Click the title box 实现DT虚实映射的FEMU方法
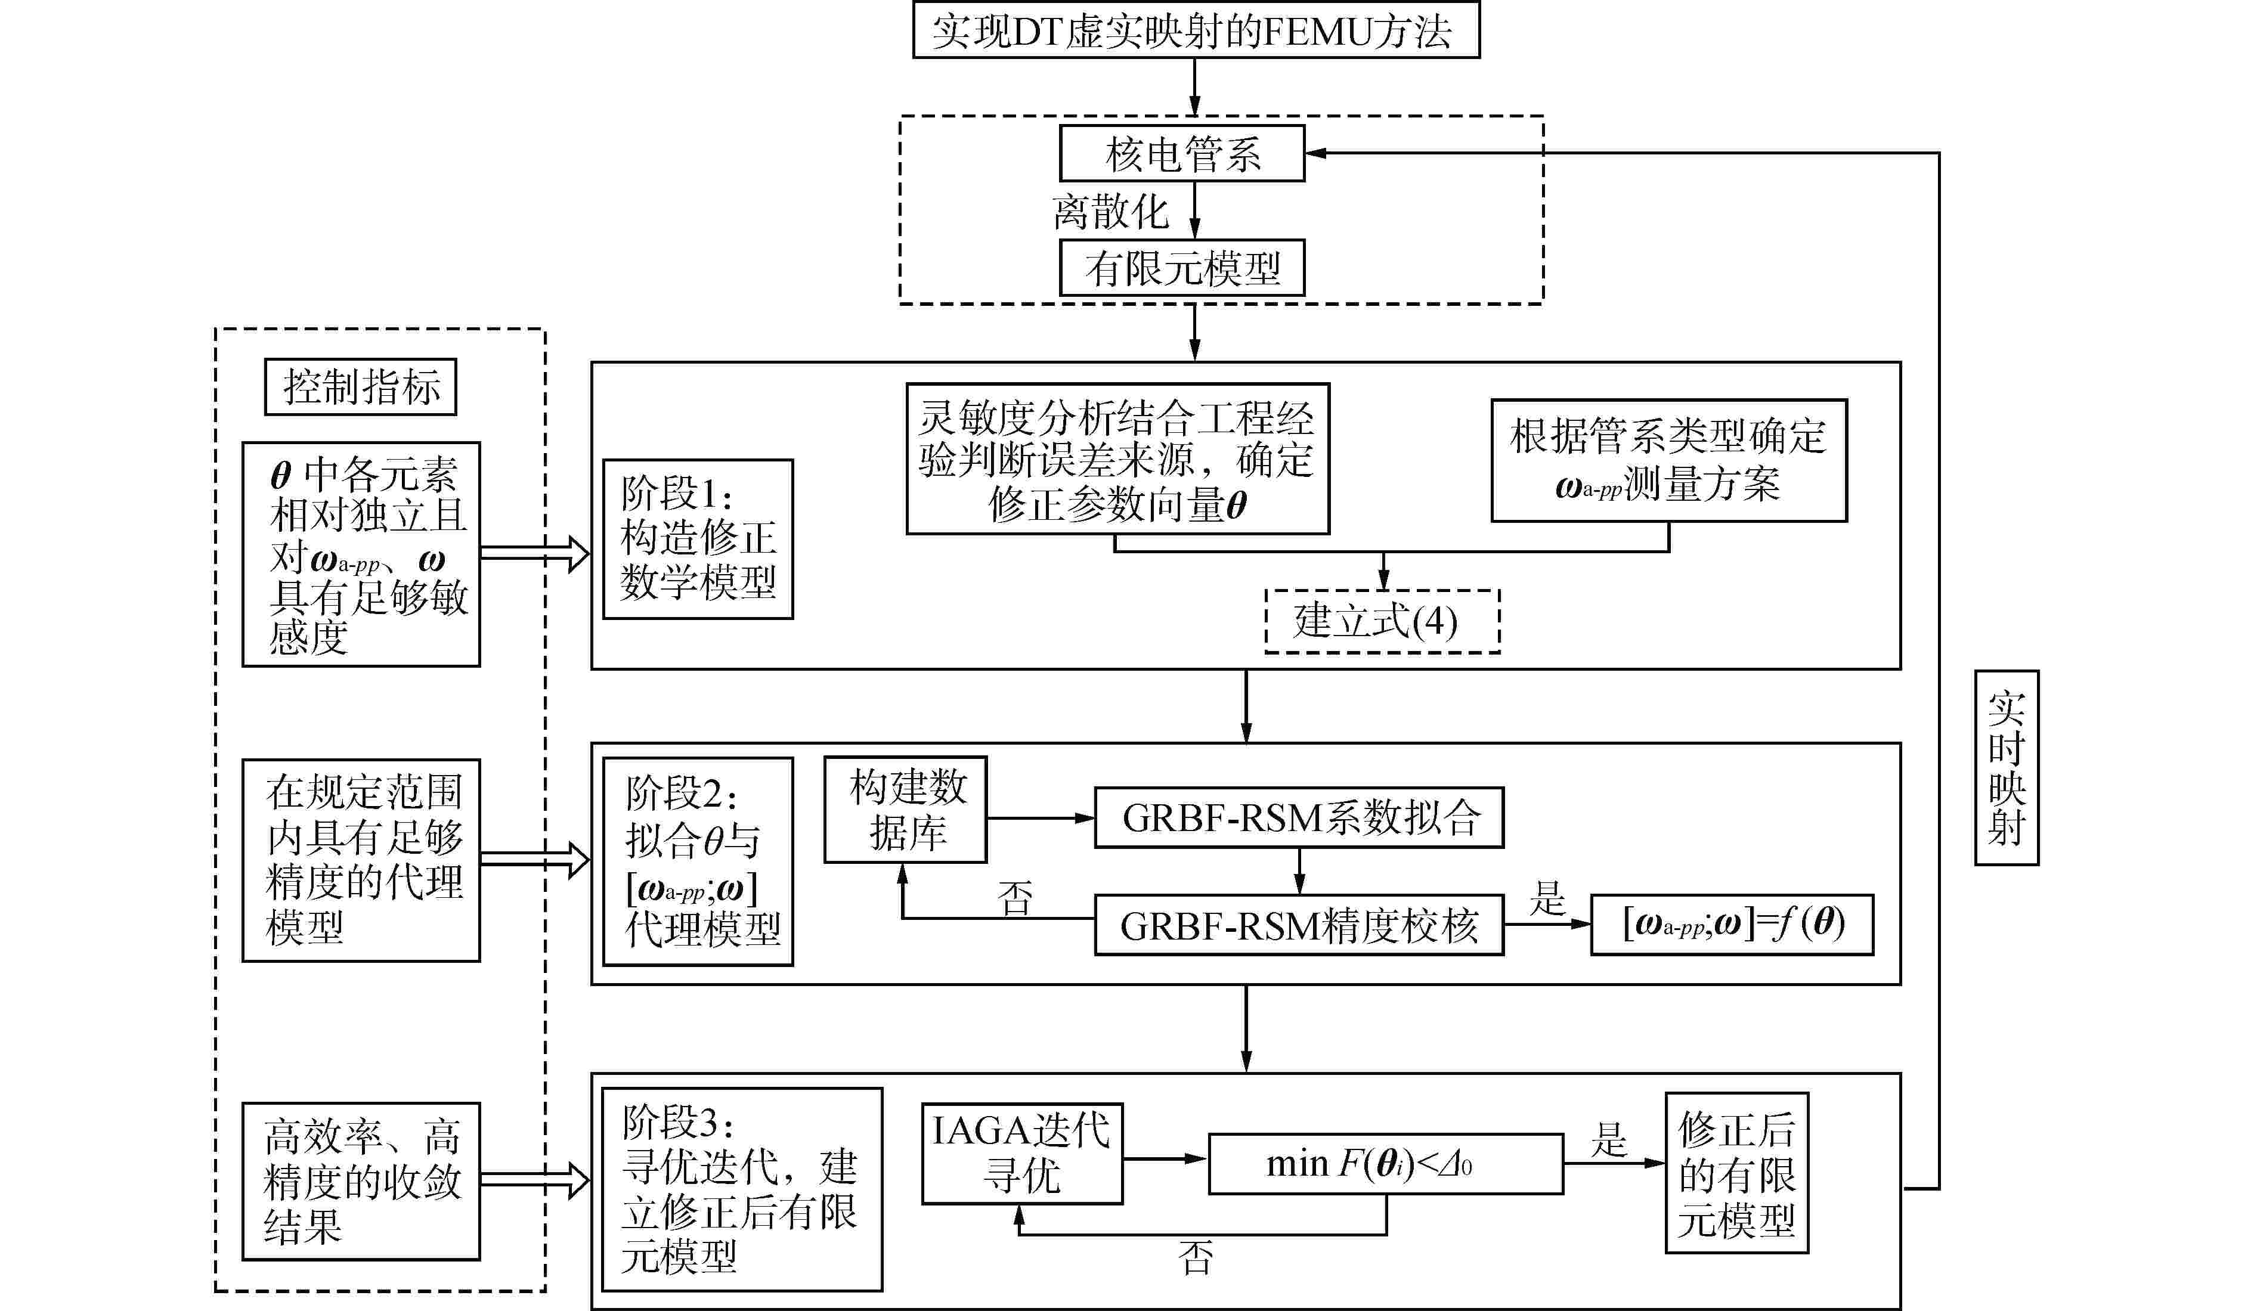tap(1196, 30)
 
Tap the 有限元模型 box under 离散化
tap(1182, 267)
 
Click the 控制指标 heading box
tap(360, 386)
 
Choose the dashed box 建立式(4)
tap(1382, 621)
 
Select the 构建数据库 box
tap(905, 810)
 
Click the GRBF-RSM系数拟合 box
tap(1299, 817)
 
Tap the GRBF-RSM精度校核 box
tap(1299, 925)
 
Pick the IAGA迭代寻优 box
tap(1021, 1154)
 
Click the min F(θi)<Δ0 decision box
tap(1386, 1164)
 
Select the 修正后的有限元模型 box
tap(1736, 1172)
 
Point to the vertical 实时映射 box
tap(2006, 767)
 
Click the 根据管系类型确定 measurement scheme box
tap(1668, 460)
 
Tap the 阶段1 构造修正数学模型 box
tap(698, 539)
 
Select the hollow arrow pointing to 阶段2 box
tap(535, 860)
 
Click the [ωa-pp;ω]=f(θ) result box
tap(1732, 925)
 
